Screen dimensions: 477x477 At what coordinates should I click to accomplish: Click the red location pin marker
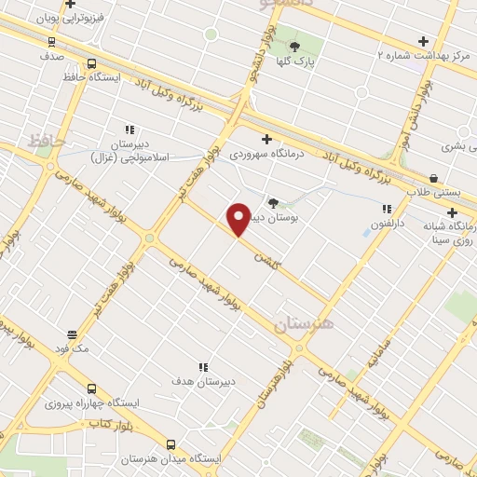(x=238, y=219)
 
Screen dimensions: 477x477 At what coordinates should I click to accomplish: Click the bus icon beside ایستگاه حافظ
(x=91, y=63)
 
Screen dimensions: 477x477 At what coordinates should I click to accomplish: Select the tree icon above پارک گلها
(x=295, y=47)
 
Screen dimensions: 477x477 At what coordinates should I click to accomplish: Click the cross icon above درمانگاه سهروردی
(x=267, y=139)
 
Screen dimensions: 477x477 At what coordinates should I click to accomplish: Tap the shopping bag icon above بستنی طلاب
(x=433, y=178)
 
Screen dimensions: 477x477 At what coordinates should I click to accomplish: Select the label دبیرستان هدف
(x=202, y=382)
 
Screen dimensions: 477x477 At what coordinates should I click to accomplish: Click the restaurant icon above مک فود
(x=72, y=334)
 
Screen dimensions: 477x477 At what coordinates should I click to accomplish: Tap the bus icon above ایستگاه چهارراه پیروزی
(x=91, y=388)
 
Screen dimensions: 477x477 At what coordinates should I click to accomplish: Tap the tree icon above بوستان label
(x=272, y=203)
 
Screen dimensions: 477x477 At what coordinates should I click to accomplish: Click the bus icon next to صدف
(x=50, y=41)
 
